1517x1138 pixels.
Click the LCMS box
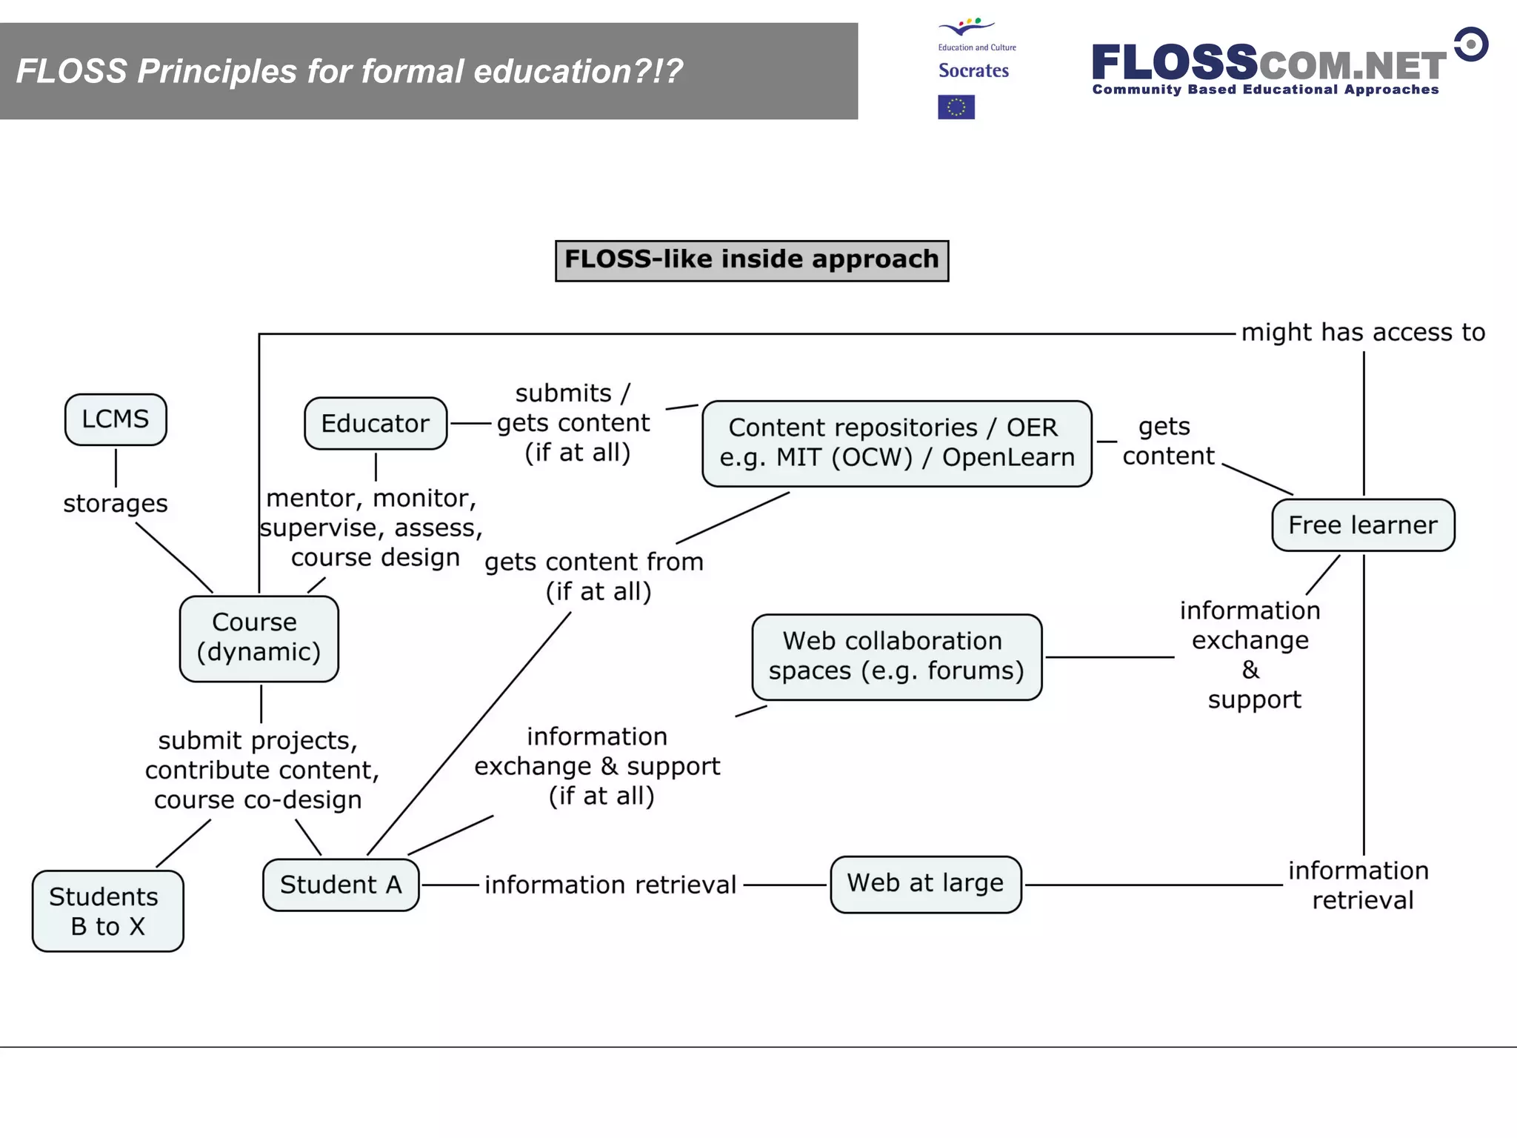click(116, 419)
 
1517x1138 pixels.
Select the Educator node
click(376, 424)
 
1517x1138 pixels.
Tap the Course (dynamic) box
click(259, 638)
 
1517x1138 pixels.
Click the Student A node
click(341, 885)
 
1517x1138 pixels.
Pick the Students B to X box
click(107, 911)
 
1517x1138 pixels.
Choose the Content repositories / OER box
click(896, 443)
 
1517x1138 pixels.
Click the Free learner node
click(1363, 525)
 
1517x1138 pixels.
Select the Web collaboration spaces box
click(896, 656)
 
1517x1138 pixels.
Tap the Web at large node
click(925, 884)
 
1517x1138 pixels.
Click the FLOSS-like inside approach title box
click(751, 260)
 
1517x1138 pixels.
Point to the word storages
click(116, 504)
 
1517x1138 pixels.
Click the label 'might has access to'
click(1363, 333)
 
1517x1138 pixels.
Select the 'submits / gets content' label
click(574, 423)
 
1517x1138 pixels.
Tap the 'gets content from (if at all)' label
click(595, 576)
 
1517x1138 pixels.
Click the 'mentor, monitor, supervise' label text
click(372, 528)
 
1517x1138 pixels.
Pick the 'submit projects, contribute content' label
click(261, 770)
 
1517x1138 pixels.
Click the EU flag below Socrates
click(956, 107)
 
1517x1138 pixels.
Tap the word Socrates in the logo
click(973, 71)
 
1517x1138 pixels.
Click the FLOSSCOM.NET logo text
click(1268, 64)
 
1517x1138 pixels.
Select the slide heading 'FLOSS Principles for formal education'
click(349, 72)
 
